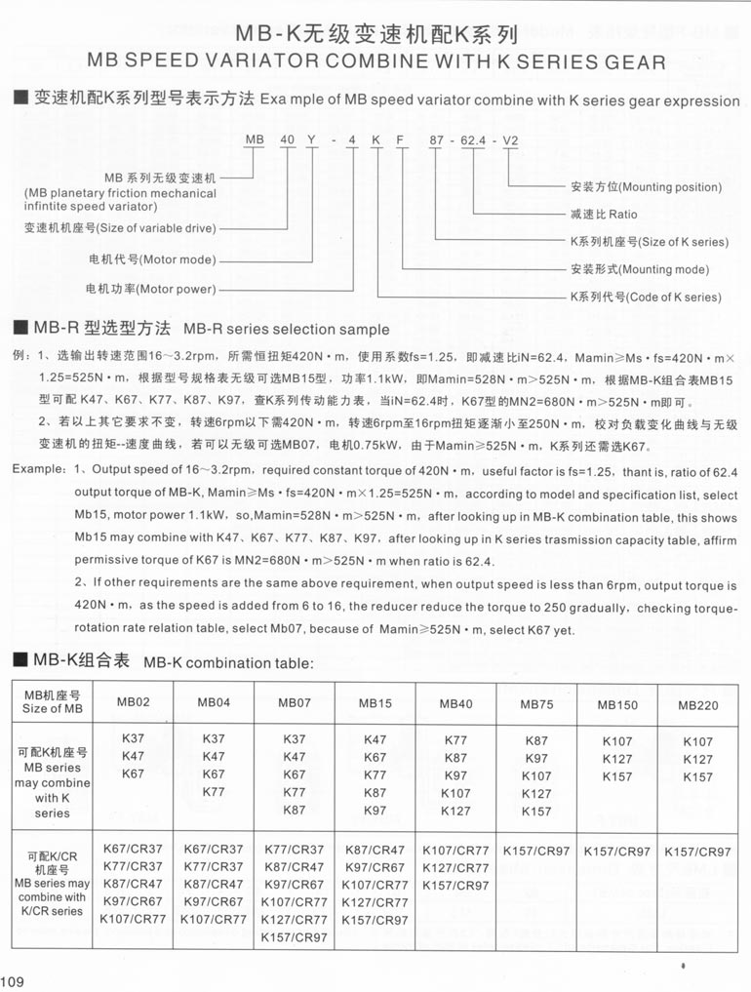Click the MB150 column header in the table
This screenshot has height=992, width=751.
617,704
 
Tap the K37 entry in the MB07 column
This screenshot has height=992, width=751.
294,739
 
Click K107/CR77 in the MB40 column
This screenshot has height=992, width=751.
455,850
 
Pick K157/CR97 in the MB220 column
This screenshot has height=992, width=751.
697,852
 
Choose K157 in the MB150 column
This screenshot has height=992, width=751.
616,777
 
